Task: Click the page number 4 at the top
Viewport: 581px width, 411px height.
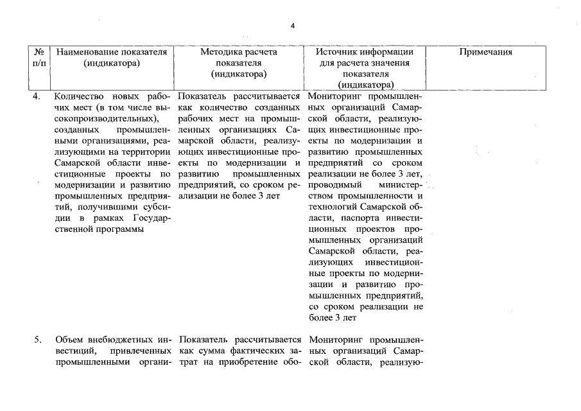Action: tap(292, 26)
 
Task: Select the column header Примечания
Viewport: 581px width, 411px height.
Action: tap(486, 53)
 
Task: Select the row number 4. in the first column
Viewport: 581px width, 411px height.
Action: tap(37, 96)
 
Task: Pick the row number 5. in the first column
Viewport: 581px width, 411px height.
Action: tap(37, 340)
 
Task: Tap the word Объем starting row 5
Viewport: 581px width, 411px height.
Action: tap(69, 340)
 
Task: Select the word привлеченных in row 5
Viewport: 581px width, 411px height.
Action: tap(139, 351)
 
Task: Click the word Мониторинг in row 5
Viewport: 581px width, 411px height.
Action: tap(335, 340)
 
